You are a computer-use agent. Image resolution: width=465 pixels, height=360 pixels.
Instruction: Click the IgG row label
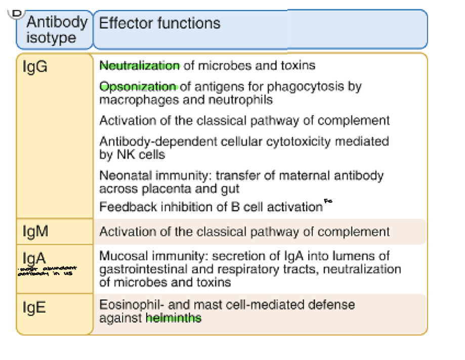coord(35,66)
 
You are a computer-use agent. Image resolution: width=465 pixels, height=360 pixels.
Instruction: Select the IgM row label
coord(36,232)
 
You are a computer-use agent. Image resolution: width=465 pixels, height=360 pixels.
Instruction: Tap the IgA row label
coord(35,258)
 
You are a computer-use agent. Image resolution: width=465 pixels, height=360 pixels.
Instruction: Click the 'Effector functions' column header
coord(160,23)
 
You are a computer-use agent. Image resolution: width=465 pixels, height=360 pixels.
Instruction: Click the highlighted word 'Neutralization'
coord(140,65)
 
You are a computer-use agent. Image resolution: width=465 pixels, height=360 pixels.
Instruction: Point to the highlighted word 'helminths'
coord(174,318)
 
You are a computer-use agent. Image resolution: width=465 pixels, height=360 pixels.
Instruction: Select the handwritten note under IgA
coord(47,271)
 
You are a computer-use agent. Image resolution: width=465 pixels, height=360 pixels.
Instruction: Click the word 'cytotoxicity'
coord(303,141)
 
